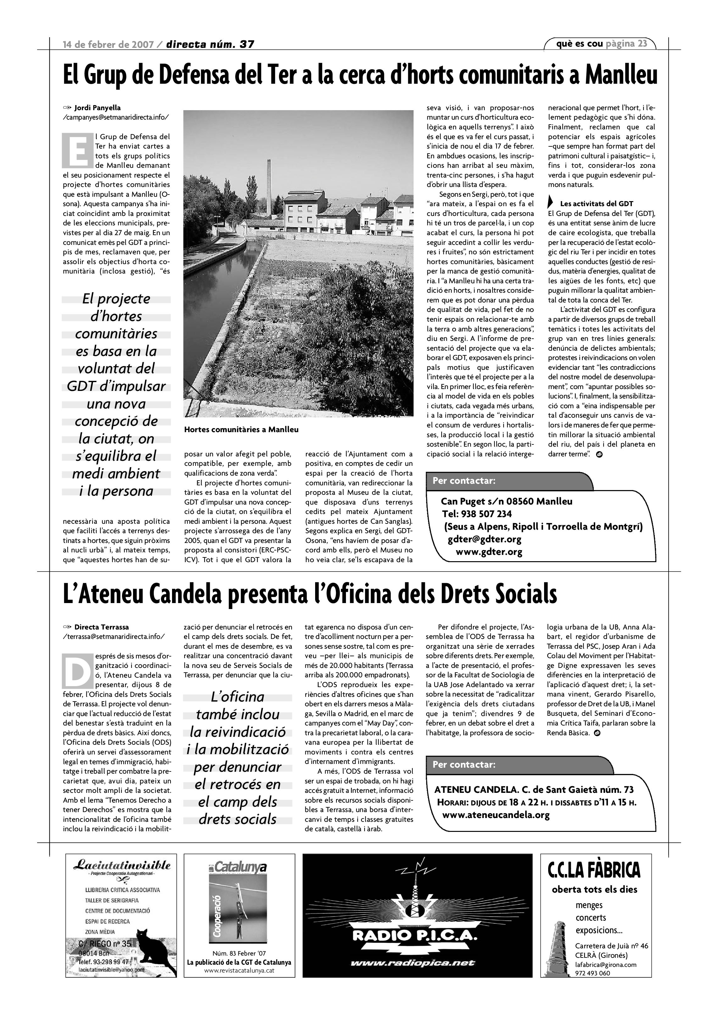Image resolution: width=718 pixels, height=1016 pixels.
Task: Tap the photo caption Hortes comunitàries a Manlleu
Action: tap(241, 429)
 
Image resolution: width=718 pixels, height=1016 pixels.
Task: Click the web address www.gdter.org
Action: tap(489, 552)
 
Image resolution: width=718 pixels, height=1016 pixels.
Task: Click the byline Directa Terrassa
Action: tap(101, 627)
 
